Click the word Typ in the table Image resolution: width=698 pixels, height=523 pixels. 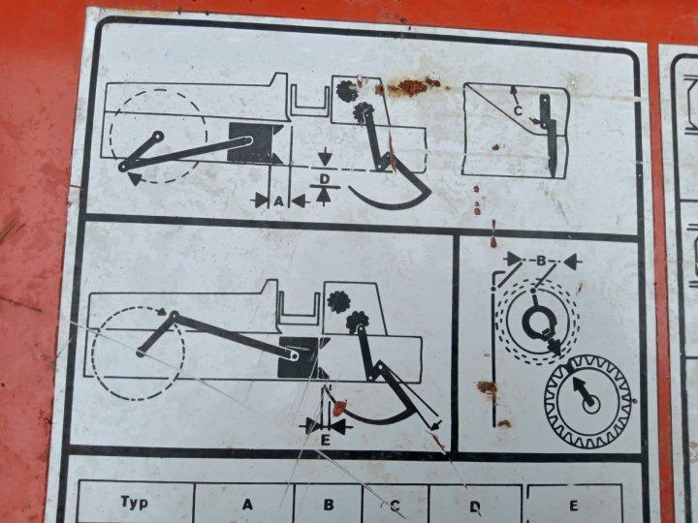point(134,503)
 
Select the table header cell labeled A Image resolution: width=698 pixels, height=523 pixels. point(244,504)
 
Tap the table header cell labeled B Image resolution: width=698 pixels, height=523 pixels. point(328,504)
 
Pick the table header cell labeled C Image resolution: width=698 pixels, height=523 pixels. point(396,505)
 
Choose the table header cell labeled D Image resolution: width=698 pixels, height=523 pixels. point(475,505)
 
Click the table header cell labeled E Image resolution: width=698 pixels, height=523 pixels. point(574,505)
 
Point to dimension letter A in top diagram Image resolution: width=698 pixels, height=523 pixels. point(278,201)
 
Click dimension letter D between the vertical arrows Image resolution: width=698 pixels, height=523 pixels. point(325,179)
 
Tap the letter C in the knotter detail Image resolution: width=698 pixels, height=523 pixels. point(518,110)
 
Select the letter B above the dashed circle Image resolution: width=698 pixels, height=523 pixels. point(541,261)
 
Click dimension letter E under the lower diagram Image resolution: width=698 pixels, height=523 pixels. point(326,441)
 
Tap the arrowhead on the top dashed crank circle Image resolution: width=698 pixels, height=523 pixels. point(135,179)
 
